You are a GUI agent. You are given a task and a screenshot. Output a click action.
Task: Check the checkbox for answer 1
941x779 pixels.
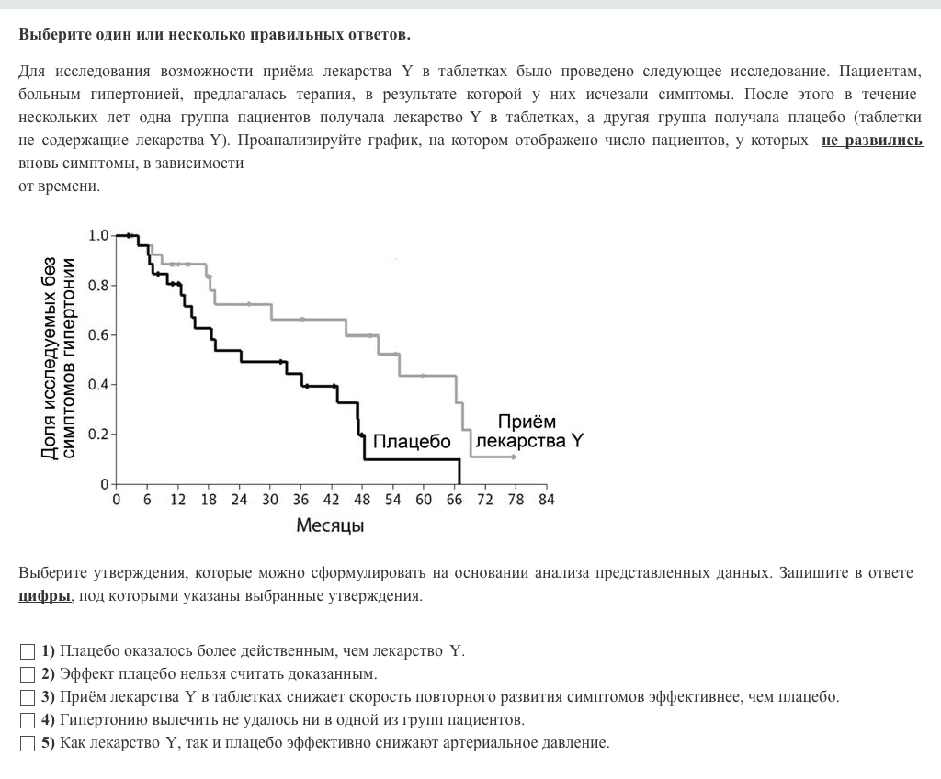click(28, 651)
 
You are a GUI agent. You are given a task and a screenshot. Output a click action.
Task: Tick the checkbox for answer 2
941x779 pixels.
click(28, 674)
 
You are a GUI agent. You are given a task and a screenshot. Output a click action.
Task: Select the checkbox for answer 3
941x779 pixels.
click(28, 697)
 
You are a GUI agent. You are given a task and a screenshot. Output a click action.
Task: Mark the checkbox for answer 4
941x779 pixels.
click(28, 719)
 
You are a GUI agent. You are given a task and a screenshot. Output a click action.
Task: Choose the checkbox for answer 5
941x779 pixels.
click(28, 742)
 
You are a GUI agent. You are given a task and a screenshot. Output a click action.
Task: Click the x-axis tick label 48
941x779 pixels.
click(362, 500)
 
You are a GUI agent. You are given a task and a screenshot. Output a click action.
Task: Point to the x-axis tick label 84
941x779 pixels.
click(546, 500)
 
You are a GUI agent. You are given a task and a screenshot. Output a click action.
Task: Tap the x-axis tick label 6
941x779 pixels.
click(147, 500)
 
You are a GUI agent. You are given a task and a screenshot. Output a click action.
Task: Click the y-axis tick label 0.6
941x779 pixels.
click(97, 334)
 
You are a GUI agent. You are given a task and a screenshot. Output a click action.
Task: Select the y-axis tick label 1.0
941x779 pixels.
click(97, 235)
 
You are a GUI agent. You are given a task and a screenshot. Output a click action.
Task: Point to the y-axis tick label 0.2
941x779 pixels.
click(97, 434)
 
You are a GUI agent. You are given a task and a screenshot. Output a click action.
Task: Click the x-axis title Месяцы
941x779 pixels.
click(330, 526)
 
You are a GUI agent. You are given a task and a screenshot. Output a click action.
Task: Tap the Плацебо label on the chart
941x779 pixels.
click(412, 442)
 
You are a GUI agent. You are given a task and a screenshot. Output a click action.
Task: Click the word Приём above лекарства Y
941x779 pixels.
click(527, 422)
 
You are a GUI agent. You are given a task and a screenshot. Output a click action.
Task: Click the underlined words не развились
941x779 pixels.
click(871, 141)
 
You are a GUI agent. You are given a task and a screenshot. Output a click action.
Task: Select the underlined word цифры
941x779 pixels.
click(44, 595)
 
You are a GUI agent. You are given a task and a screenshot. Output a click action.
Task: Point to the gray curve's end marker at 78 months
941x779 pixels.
click(514, 457)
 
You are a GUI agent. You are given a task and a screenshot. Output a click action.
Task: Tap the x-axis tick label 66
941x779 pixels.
click(454, 500)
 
